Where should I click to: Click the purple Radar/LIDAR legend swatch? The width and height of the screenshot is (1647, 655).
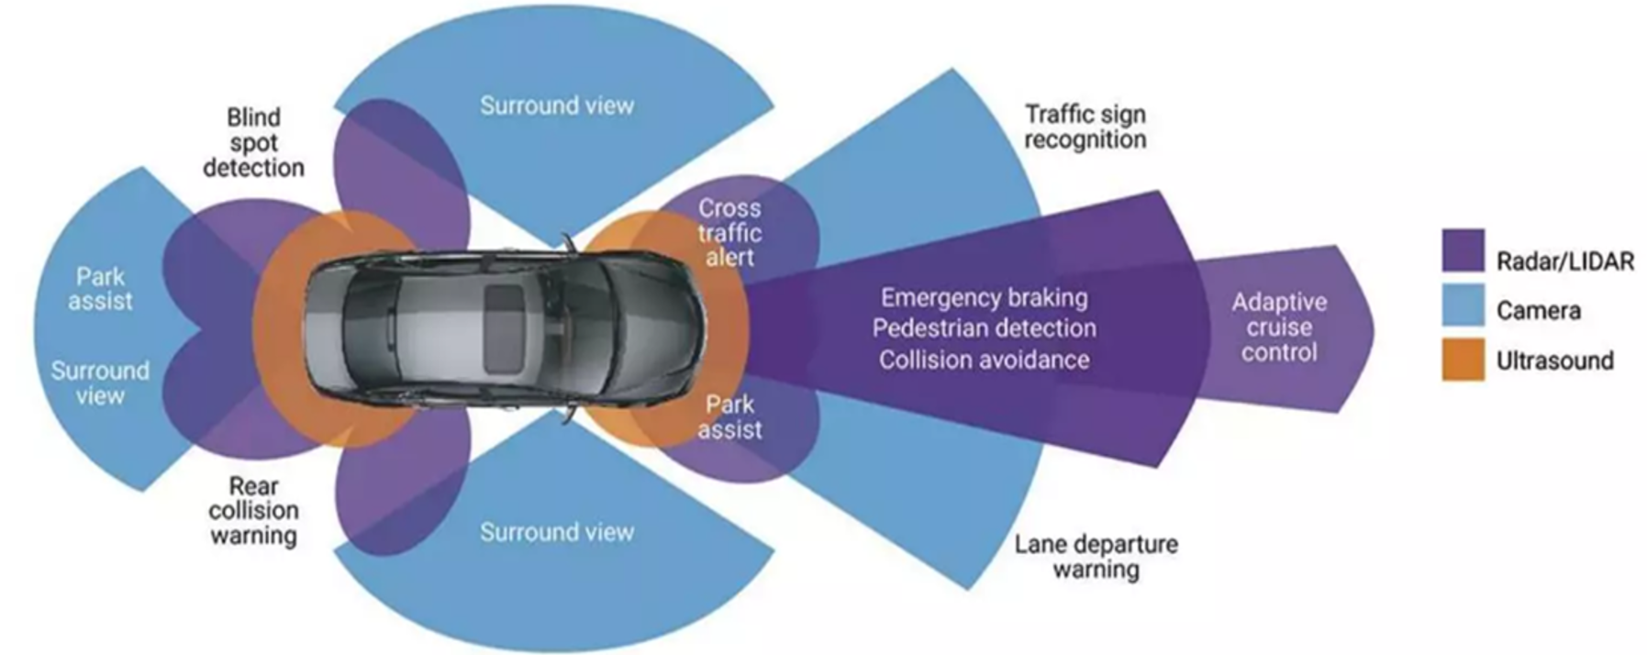pos(1463,250)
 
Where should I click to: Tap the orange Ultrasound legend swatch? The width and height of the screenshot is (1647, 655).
pos(1463,359)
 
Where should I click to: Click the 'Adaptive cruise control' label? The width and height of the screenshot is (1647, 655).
pos(1279,327)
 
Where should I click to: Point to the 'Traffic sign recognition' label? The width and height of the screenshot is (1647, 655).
pos(1085,127)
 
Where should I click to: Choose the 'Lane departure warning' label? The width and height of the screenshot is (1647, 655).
pos(1096,557)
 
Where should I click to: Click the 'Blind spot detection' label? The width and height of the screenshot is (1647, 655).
pos(253,143)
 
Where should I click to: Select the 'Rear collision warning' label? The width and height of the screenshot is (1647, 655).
pos(253,511)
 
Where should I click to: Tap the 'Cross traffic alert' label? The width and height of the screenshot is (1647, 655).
pos(729,233)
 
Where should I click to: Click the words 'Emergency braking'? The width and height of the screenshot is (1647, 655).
pos(985,298)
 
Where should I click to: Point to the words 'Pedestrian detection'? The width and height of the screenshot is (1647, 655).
pos(985,328)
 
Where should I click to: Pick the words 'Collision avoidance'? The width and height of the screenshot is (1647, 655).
pos(985,360)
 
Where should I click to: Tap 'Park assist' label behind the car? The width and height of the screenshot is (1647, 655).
pos(100,289)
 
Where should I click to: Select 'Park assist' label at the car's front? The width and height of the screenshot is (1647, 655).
pos(729,417)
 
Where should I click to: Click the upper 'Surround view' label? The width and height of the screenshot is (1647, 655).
pos(557,105)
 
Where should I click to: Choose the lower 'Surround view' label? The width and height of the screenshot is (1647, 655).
pos(557,532)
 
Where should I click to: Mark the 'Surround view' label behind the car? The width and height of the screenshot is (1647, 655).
pos(100,383)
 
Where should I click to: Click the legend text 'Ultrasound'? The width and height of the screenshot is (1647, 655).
pos(1554,361)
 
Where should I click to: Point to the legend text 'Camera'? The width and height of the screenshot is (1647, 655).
pos(1538,311)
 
